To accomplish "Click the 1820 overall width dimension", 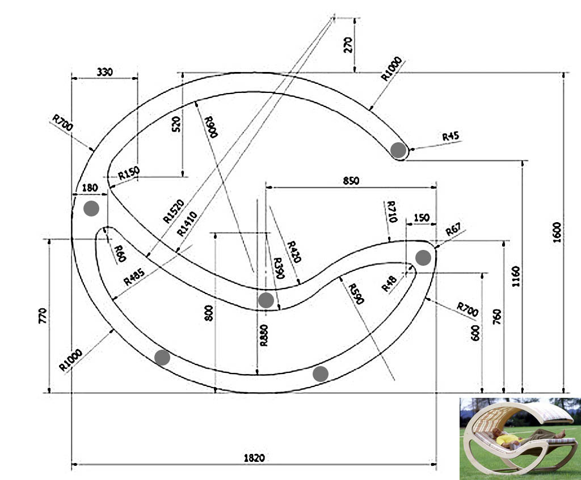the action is (x=254, y=458).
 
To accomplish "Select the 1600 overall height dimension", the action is (x=557, y=232).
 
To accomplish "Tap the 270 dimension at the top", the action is (x=348, y=45).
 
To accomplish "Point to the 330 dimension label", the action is (x=105, y=71).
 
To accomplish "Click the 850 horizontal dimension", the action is (x=351, y=181).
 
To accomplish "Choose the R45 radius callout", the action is (x=451, y=136).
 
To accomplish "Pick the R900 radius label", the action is (x=211, y=127).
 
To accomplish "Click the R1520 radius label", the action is (x=174, y=211).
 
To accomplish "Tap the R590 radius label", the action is (x=356, y=294).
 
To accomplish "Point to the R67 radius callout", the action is (x=453, y=230).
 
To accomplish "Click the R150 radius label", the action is (x=129, y=173).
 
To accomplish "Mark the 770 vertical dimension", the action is (x=43, y=316).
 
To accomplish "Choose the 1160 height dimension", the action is (x=515, y=276).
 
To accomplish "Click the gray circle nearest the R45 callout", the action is (x=399, y=150).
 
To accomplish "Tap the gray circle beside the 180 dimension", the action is (x=91, y=209).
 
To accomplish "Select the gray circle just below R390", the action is (x=266, y=300).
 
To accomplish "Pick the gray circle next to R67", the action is (x=423, y=258).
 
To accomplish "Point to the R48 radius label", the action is (x=389, y=284).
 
